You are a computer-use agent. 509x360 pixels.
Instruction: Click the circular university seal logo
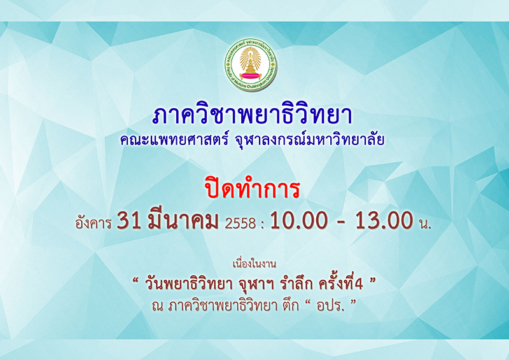tap(251, 65)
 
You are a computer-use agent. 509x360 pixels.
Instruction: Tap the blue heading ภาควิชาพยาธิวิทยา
tap(252, 116)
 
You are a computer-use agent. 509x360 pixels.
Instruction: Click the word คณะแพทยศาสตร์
tap(174, 140)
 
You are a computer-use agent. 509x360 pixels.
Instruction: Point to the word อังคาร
tap(94, 223)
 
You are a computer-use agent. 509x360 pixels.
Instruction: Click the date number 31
tap(129, 221)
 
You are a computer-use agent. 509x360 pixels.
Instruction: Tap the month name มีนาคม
tap(183, 220)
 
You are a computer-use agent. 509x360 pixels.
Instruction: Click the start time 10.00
tap(299, 221)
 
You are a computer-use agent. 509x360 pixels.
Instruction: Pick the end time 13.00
tap(384, 221)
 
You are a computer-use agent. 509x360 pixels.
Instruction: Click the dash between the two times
tap(342, 223)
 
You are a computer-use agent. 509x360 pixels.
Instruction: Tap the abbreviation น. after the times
tap(424, 224)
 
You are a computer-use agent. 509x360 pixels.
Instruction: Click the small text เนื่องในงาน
tap(254, 264)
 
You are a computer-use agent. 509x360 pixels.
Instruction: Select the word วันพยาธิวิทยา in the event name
tap(189, 285)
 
